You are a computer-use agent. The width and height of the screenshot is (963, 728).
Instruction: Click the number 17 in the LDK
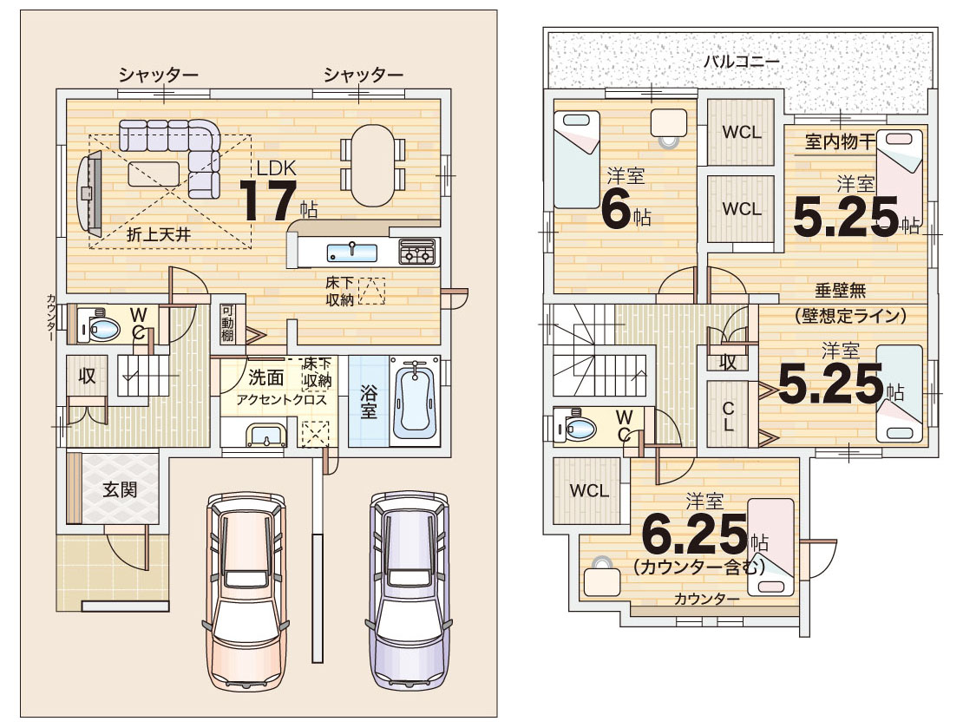point(268,200)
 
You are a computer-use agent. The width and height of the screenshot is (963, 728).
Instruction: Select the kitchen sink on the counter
point(352,253)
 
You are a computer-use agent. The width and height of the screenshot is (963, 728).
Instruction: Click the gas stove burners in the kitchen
point(418,252)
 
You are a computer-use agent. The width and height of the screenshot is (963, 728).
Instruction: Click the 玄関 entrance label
point(120,489)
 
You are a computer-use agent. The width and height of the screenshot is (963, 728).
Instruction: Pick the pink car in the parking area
point(246,591)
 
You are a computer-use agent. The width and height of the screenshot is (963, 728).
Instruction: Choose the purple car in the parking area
point(409,590)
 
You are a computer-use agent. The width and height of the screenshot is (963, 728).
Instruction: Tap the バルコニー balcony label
point(741,62)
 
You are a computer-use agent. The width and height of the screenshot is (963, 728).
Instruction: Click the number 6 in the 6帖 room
point(617,209)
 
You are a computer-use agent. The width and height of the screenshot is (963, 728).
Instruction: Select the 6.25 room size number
point(694,535)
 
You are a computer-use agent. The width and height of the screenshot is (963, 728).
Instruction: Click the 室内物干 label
point(840,142)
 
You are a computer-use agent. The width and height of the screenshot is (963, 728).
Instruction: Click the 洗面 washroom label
point(266,376)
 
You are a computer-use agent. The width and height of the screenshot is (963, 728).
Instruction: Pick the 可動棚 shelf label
point(227,323)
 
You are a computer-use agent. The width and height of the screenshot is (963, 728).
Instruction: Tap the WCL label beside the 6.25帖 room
point(589,490)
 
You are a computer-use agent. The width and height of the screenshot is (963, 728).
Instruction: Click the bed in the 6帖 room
point(577,160)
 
